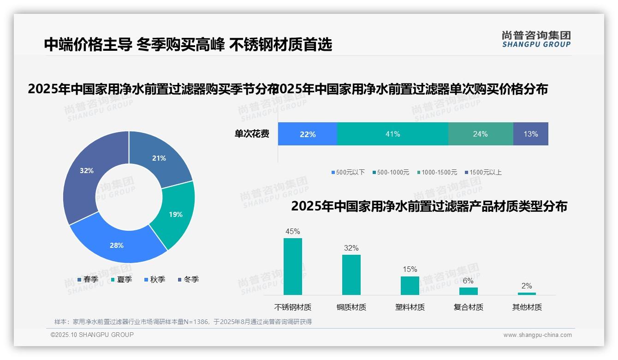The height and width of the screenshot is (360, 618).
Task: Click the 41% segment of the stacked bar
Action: tap(392, 134)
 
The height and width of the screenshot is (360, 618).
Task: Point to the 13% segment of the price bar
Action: tap(530, 134)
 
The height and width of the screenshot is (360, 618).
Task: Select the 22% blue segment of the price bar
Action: tap(307, 134)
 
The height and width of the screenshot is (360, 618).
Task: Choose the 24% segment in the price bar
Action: tap(480, 134)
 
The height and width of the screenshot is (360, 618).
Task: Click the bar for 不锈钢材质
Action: tap(293, 266)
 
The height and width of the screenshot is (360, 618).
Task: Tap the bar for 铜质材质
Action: tap(351, 275)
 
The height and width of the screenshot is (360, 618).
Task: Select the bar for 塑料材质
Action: tap(410, 285)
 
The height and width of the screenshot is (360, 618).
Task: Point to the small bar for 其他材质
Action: tap(527, 294)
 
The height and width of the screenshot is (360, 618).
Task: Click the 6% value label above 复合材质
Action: tap(468, 281)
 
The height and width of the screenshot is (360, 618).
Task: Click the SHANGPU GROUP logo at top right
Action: tap(536, 39)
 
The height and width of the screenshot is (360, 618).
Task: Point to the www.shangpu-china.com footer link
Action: tap(537, 335)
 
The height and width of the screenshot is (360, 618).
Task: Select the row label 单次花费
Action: tap(252, 134)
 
